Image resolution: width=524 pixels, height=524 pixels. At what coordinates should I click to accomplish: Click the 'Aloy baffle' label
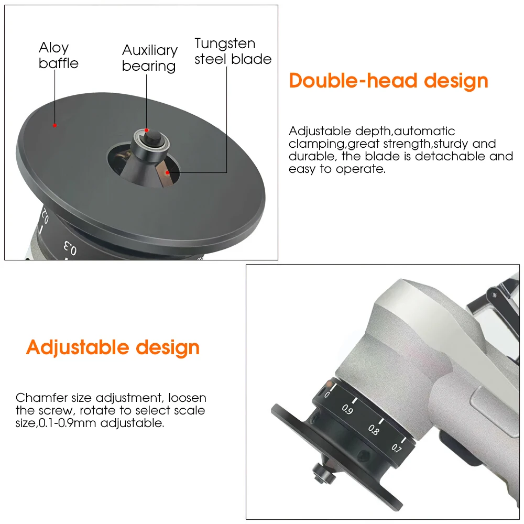(59, 56)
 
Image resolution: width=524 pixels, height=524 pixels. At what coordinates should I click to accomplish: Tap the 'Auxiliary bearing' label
(150, 58)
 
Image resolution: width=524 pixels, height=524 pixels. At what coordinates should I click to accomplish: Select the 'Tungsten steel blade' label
(233, 51)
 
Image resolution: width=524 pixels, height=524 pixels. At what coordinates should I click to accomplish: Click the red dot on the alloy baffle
(55, 126)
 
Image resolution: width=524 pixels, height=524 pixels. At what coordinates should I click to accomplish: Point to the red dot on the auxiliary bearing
(146, 130)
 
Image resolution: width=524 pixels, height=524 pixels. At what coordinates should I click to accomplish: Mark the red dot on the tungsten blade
(168, 173)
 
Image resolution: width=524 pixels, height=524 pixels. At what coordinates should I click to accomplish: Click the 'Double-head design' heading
(389, 81)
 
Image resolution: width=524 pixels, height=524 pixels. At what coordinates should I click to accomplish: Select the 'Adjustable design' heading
(113, 347)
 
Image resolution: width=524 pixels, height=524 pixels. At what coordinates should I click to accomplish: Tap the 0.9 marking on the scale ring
(347, 409)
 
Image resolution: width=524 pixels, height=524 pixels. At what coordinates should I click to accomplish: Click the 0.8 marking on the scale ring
(374, 430)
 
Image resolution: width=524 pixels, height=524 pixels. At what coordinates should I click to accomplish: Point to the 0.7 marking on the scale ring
(396, 448)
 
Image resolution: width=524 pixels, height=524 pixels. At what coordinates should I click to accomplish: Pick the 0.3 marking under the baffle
(70, 248)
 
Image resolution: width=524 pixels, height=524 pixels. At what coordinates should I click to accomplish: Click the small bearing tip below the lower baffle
(323, 474)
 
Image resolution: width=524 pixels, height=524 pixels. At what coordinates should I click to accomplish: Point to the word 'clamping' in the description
(316, 144)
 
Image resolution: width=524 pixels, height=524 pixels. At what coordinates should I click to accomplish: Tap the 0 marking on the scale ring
(327, 395)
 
